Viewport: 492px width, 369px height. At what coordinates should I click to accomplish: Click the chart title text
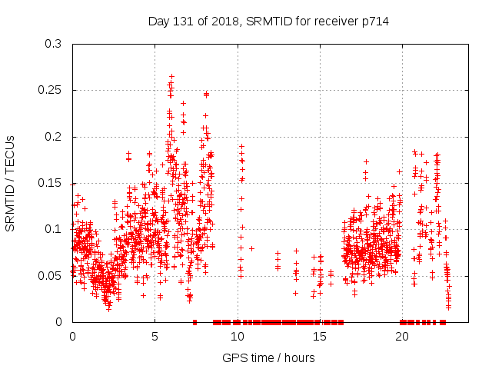click(x=268, y=21)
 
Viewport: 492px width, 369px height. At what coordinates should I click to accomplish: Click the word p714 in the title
click(x=374, y=21)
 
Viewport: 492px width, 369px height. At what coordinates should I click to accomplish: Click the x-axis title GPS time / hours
click(x=268, y=357)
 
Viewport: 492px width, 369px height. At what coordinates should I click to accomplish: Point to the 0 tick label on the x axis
click(x=72, y=337)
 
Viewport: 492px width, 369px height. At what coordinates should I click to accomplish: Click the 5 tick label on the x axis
click(x=155, y=337)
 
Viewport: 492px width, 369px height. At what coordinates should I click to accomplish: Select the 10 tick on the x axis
click(x=237, y=337)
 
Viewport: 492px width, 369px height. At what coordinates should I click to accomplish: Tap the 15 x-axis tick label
click(x=319, y=337)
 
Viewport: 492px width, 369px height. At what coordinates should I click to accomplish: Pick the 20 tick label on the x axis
click(x=401, y=337)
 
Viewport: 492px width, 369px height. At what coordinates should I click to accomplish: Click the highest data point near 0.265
click(x=171, y=76)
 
